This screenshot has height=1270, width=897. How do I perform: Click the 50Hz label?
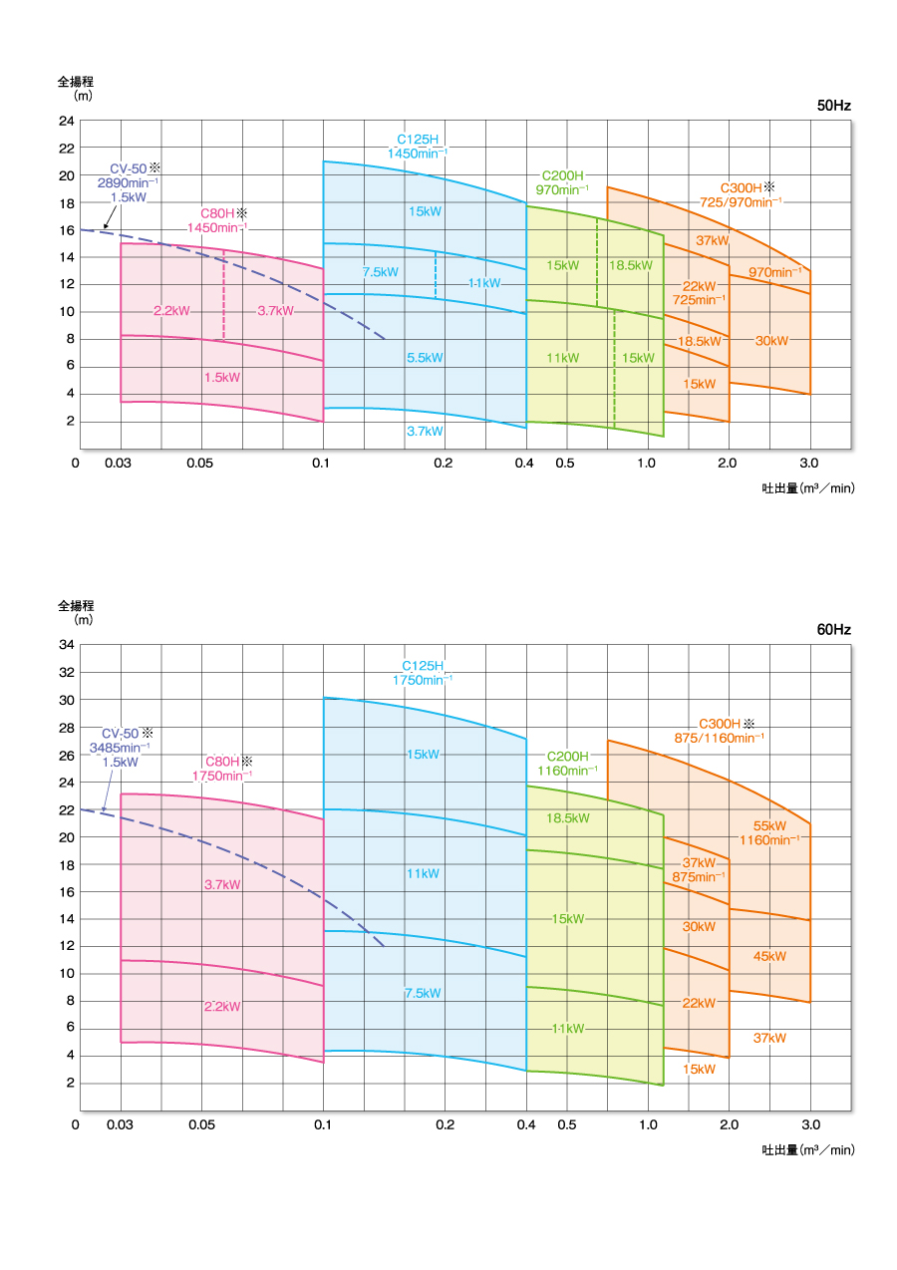point(834,106)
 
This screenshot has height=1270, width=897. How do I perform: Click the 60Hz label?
point(834,630)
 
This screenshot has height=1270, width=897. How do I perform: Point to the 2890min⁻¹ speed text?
point(128,183)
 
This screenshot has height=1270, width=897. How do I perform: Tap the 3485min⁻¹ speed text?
point(121,747)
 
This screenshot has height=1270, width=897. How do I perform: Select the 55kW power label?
point(769,825)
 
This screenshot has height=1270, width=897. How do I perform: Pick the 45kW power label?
point(769,956)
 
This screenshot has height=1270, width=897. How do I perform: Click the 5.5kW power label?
point(425,358)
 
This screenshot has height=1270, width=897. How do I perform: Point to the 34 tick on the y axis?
point(67,645)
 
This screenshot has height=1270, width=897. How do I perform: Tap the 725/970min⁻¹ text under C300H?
point(741,202)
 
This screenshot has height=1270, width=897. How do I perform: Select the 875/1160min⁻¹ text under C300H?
point(720,738)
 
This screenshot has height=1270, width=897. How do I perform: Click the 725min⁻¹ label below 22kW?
point(698,300)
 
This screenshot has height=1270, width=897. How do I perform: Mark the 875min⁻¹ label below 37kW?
point(698,876)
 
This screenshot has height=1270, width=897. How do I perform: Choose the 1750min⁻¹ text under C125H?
point(423,680)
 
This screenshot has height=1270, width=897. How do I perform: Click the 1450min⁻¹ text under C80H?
point(218,228)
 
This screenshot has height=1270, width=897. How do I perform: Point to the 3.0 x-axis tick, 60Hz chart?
point(809,1124)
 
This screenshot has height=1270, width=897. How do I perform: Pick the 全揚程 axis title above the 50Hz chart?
point(75,82)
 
